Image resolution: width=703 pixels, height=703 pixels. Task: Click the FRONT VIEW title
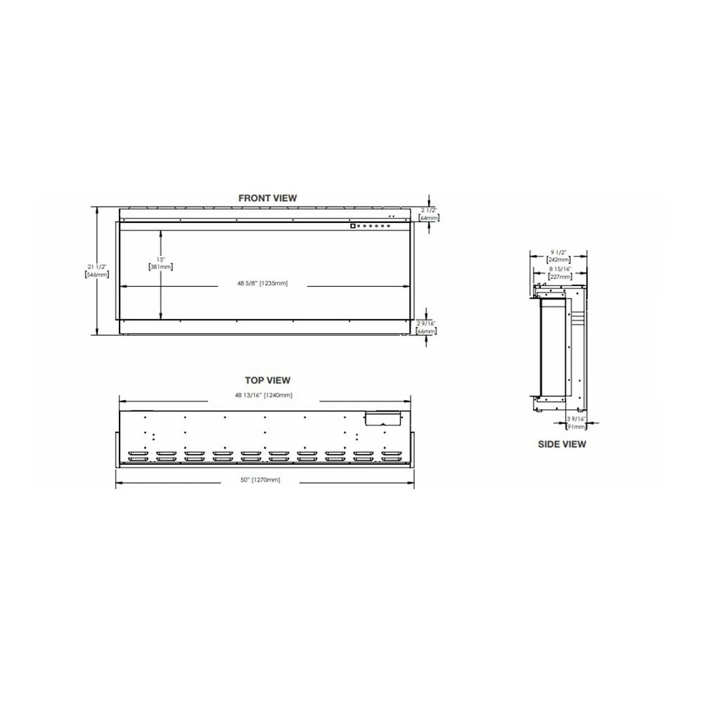click(x=267, y=198)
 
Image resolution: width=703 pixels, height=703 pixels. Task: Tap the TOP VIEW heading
click(x=267, y=380)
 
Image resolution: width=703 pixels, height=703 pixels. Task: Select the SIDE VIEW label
click(x=562, y=444)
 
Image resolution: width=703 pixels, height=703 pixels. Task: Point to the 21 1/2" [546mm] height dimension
click(x=97, y=270)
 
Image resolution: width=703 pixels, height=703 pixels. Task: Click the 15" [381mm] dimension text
click(x=161, y=262)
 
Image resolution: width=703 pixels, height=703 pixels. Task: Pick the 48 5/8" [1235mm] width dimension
click(x=264, y=283)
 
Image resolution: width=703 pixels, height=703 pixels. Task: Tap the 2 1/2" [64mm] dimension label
click(x=429, y=214)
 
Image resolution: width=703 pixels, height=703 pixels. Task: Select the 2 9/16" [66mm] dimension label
click(x=427, y=326)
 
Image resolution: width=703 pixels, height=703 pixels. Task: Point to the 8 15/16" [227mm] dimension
click(x=560, y=273)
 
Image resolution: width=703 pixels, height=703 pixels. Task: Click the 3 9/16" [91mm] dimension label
click(x=576, y=423)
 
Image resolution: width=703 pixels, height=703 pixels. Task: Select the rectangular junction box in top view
click(x=380, y=418)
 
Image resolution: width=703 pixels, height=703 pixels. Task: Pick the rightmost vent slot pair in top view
click(x=390, y=456)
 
